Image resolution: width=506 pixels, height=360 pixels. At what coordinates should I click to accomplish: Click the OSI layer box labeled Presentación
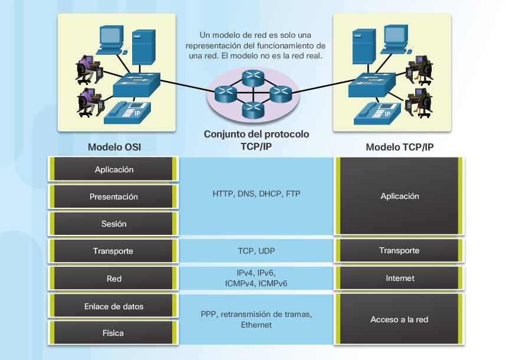coord(114,197)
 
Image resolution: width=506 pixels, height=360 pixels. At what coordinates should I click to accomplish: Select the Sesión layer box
coord(114,224)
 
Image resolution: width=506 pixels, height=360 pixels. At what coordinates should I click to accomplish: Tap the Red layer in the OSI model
coord(114,278)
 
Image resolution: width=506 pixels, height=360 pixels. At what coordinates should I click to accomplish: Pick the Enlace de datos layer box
coord(114,306)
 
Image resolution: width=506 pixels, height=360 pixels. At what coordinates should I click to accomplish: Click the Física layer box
coord(114,333)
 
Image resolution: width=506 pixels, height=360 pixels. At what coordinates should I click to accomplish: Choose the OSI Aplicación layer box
coord(114,169)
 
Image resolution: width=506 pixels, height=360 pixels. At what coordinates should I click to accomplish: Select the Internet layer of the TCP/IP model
coord(399,278)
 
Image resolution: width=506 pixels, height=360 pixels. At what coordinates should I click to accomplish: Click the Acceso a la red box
coord(399,319)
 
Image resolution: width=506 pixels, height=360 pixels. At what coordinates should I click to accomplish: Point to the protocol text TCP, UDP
coord(256,251)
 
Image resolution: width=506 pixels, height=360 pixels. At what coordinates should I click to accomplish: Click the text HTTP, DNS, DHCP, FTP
coord(256,194)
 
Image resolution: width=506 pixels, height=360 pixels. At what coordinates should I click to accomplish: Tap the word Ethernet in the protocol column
coord(256,325)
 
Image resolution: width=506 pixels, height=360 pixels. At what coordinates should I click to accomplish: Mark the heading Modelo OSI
coord(114,147)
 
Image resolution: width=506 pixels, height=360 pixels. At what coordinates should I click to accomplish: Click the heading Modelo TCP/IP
coord(399,147)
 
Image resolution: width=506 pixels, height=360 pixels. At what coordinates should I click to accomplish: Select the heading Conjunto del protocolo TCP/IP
coord(256,139)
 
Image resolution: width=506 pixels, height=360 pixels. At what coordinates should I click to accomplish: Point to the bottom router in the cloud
coord(251,108)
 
